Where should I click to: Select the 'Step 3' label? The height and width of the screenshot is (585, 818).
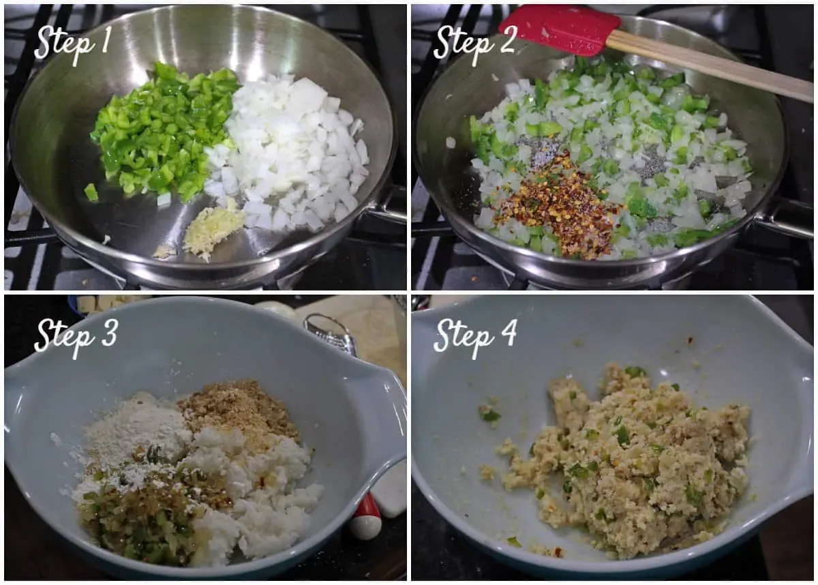(x=76, y=337)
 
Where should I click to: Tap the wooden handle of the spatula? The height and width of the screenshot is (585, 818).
(x=712, y=64)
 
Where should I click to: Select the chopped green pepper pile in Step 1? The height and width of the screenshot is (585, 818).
(x=164, y=132)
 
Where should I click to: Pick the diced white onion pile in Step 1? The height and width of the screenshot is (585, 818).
(x=288, y=153)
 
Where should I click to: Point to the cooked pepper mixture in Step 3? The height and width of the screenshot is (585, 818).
(x=146, y=511)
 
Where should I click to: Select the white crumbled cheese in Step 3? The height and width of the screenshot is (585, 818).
(x=256, y=490)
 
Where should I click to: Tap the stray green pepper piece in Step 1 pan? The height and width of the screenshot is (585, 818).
(x=91, y=192)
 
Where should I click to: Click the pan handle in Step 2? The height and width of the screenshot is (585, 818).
(x=785, y=223)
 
